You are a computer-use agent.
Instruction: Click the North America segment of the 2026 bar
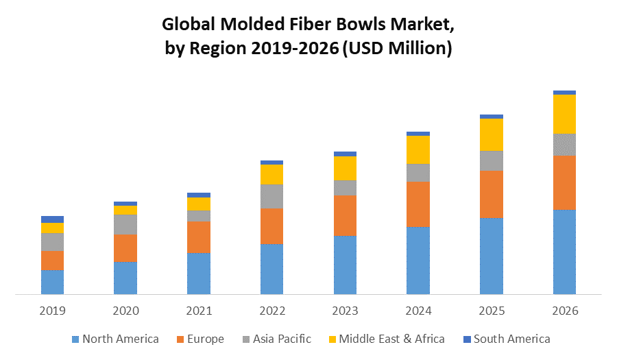pyautogui.click(x=564, y=252)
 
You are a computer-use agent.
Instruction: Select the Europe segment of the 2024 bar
pyautogui.click(x=418, y=204)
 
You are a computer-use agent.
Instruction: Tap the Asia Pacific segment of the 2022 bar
pyautogui.click(x=271, y=196)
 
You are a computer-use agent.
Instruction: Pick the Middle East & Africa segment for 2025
pyautogui.click(x=491, y=134)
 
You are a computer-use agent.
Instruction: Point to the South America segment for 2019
pyautogui.click(x=52, y=219)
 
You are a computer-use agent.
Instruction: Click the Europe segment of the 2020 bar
pyautogui.click(x=125, y=248)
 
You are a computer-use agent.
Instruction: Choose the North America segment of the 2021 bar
pyautogui.click(x=199, y=274)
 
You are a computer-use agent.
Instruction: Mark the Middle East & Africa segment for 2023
pyautogui.click(x=345, y=168)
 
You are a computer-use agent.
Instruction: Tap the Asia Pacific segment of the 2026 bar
pyautogui.click(x=564, y=145)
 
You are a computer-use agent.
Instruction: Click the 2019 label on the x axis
pyautogui.click(x=52, y=311)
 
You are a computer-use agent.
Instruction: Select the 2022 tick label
pyautogui.click(x=271, y=311)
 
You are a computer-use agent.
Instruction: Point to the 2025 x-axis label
pyautogui.click(x=491, y=311)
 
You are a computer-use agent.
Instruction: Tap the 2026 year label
pyautogui.click(x=564, y=311)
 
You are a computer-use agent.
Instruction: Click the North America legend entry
pyautogui.click(x=115, y=339)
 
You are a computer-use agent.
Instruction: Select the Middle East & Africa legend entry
pyautogui.click(x=385, y=339)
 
